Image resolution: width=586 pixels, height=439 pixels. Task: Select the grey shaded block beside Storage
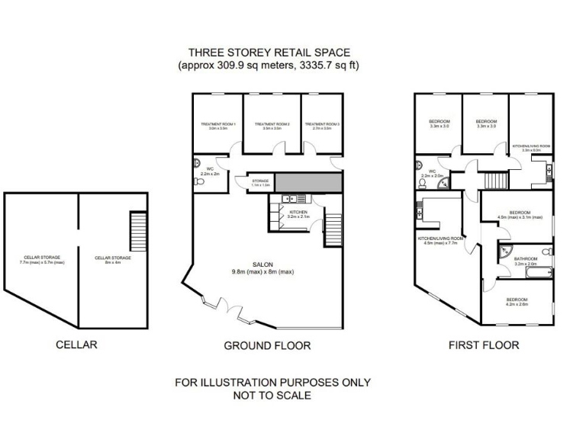pyautogui.click(x=308, y=182)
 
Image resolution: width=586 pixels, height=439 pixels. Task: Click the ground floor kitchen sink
pyautogui.click(x=286, y=199)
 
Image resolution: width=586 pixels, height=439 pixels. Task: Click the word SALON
pyautogui.click(x=263, y=264)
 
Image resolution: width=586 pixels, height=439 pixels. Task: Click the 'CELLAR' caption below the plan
pyautogui.click(x=77, y=344)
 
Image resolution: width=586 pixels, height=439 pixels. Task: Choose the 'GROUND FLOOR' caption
pyautogui.click(x=267, y=345)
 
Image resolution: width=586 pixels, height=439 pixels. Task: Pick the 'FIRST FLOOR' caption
pyautogui.click(x=484, y=345)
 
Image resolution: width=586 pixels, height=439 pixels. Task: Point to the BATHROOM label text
pyautogui.click(x=526, y=259)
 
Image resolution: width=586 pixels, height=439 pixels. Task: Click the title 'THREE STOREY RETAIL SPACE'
pyautogui.click(x=269, y=53)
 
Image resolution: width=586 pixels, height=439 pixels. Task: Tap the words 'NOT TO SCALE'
pyautogui.click(x=272, y=396)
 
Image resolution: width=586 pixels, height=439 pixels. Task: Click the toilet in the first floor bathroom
pyautogui.click(x=544, y=251)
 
